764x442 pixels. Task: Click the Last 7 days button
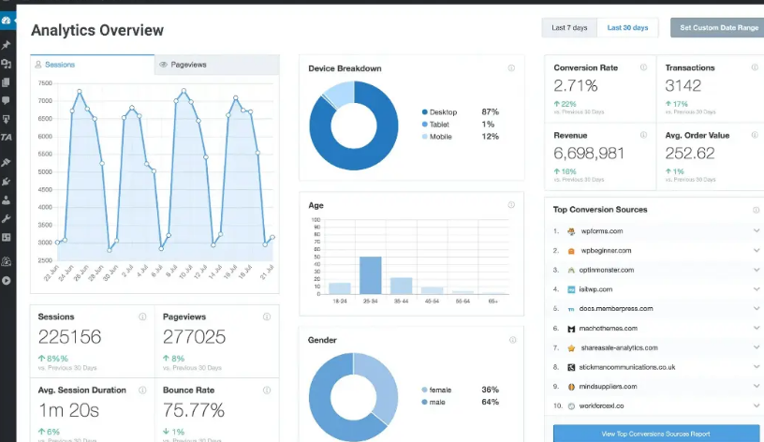569,28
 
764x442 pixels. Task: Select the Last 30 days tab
627,28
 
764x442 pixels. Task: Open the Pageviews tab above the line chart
188,65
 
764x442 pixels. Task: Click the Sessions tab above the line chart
60,65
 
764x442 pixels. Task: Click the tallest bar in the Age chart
371,275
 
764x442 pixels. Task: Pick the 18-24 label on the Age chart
339,302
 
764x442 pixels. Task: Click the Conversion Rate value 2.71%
576,86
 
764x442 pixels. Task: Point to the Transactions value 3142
683,86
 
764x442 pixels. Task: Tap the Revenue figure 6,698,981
589,153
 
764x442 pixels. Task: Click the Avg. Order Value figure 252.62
691,153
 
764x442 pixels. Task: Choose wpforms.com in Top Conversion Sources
601,230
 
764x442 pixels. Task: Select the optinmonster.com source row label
607,270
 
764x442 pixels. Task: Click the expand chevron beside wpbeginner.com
757,250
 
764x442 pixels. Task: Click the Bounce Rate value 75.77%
194,410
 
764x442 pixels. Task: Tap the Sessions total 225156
69,337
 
